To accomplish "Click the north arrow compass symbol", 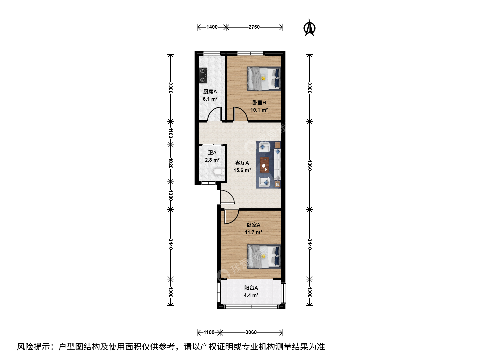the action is [x=309, y=28].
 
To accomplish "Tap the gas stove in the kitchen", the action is [x=50, y=75].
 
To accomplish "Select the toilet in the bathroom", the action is [x=219, y=172].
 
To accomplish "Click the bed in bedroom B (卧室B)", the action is [x=264, y=78].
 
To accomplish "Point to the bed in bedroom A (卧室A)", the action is [x=264, y=257].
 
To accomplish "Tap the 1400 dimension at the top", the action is [x=212, y=27].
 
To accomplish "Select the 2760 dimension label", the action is [x=254, y=27].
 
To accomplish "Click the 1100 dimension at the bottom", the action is [x=209, y=332].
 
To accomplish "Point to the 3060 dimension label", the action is [x=251, y=332].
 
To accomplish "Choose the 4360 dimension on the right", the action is [x=309, y=165].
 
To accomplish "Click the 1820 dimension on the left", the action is [x=171, y=163].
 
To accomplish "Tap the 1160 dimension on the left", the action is [x=171, y=133].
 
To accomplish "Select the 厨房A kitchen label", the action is [x=210, y=92].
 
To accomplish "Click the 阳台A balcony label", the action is [x=251, y=288].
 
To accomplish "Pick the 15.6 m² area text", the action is [x=242, y=170].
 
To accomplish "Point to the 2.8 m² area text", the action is [x=212, y=160].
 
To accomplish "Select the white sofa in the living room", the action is [x=277, y=164].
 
